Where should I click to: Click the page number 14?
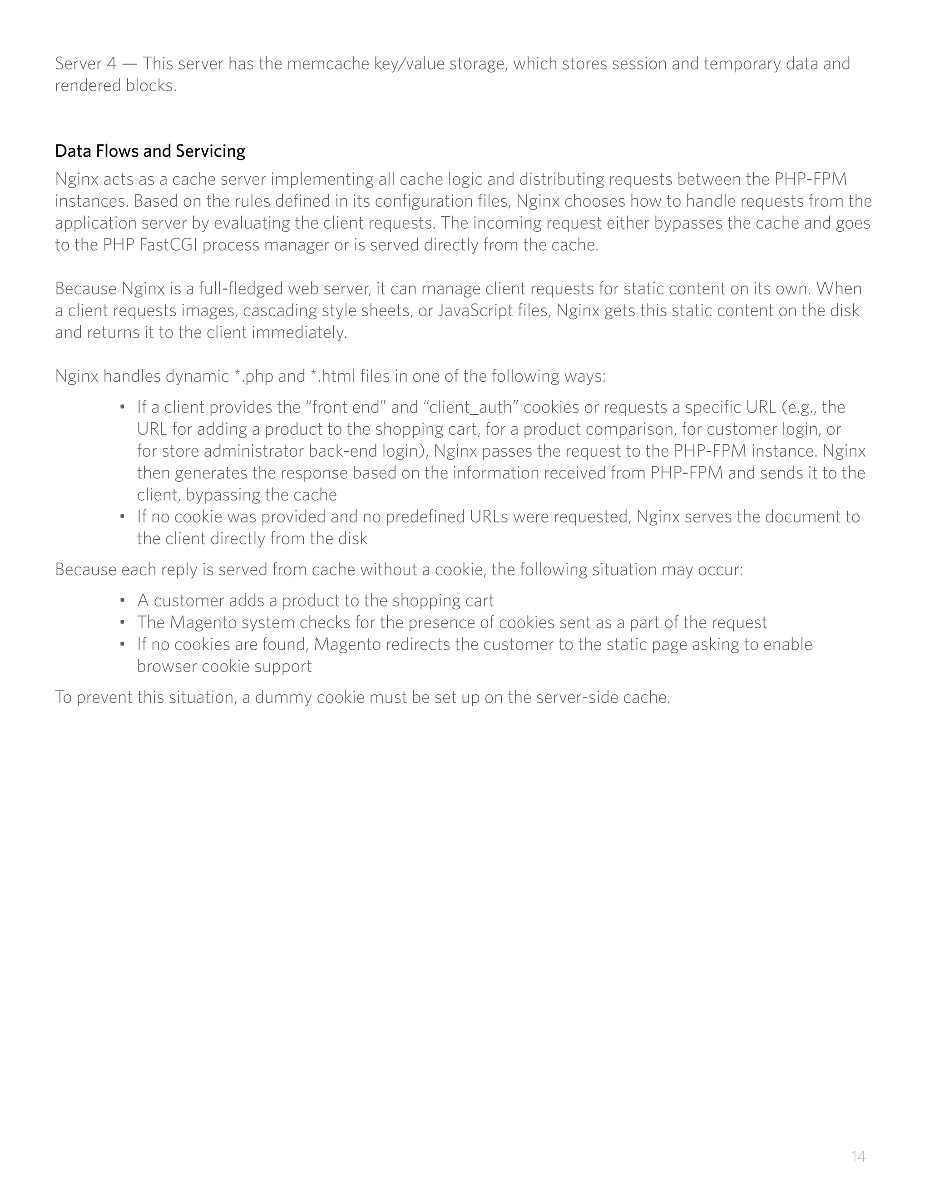click(858, 1156)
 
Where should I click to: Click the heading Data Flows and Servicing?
click(150, 150)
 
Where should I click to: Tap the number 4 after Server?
click(112, 64)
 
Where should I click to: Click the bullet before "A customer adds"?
click(122, 600)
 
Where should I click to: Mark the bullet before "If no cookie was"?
click(122, 517)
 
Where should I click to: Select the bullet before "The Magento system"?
click(122, 622)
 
